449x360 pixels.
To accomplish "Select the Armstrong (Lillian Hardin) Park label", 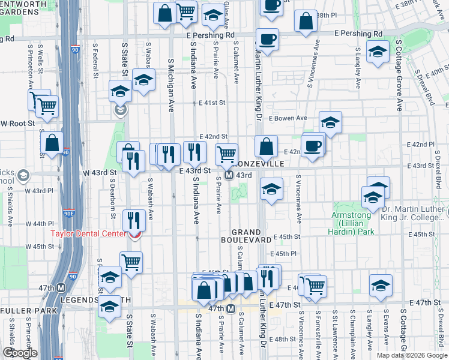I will [352, 227].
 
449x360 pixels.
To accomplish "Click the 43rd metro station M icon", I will [229, 175].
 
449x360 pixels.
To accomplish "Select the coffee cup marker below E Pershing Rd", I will [267, 40].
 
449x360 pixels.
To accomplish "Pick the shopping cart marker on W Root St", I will [46, 107].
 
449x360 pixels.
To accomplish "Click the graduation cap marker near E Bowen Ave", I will [330, 122].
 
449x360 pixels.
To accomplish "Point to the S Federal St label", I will [95, 60].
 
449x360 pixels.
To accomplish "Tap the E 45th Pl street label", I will [285, 254].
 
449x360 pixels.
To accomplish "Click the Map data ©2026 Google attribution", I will [412, 355].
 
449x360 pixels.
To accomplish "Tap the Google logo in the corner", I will [19, 353].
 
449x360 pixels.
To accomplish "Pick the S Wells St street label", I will [39, 58].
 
